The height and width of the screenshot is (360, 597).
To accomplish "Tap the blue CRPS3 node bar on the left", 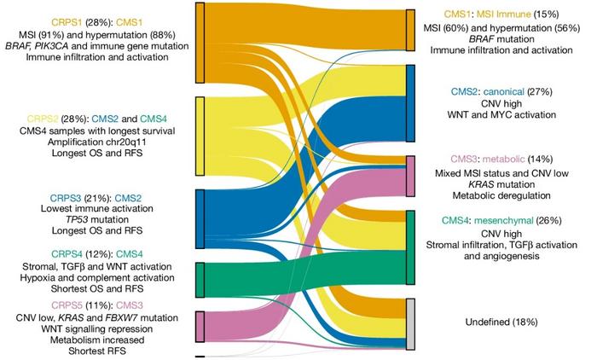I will (200, 218).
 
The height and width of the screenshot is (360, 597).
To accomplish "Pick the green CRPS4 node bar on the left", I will (200, 279).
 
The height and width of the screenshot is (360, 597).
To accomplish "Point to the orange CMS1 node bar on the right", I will (410, 32).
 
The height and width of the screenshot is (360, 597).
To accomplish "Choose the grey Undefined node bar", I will (410, 323).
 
